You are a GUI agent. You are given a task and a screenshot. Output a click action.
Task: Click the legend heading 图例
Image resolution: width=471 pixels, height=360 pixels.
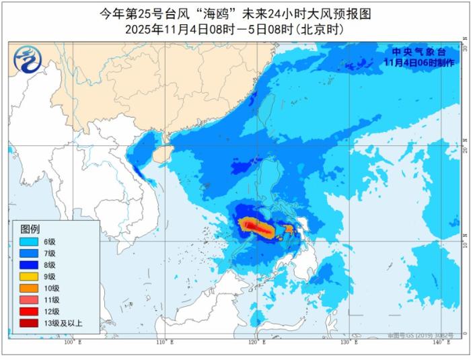coord(30,229)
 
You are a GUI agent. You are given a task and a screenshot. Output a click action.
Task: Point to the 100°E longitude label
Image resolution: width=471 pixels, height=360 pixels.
coord(72,343)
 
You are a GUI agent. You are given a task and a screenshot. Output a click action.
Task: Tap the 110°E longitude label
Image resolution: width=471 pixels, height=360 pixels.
coord(165,343)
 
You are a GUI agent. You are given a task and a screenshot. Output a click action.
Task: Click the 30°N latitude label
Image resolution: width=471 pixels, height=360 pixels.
coord(464,48)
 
